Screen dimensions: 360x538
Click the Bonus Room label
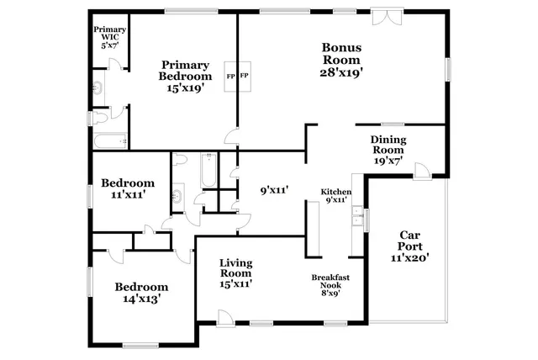(x=342, y=60)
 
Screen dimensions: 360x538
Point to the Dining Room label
(x=388, y=150)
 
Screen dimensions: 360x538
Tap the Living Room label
(x=236, y=273)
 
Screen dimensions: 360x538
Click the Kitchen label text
(x=335, y=196)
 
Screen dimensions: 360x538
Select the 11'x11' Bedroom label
(x=127, y=188)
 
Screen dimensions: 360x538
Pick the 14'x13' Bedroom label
(x=140, y=292)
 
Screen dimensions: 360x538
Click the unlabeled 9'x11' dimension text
(x=274, y=191)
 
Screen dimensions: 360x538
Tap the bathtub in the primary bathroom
(x=110, y=140)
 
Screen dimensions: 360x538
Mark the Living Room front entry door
(x=224, y=317)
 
